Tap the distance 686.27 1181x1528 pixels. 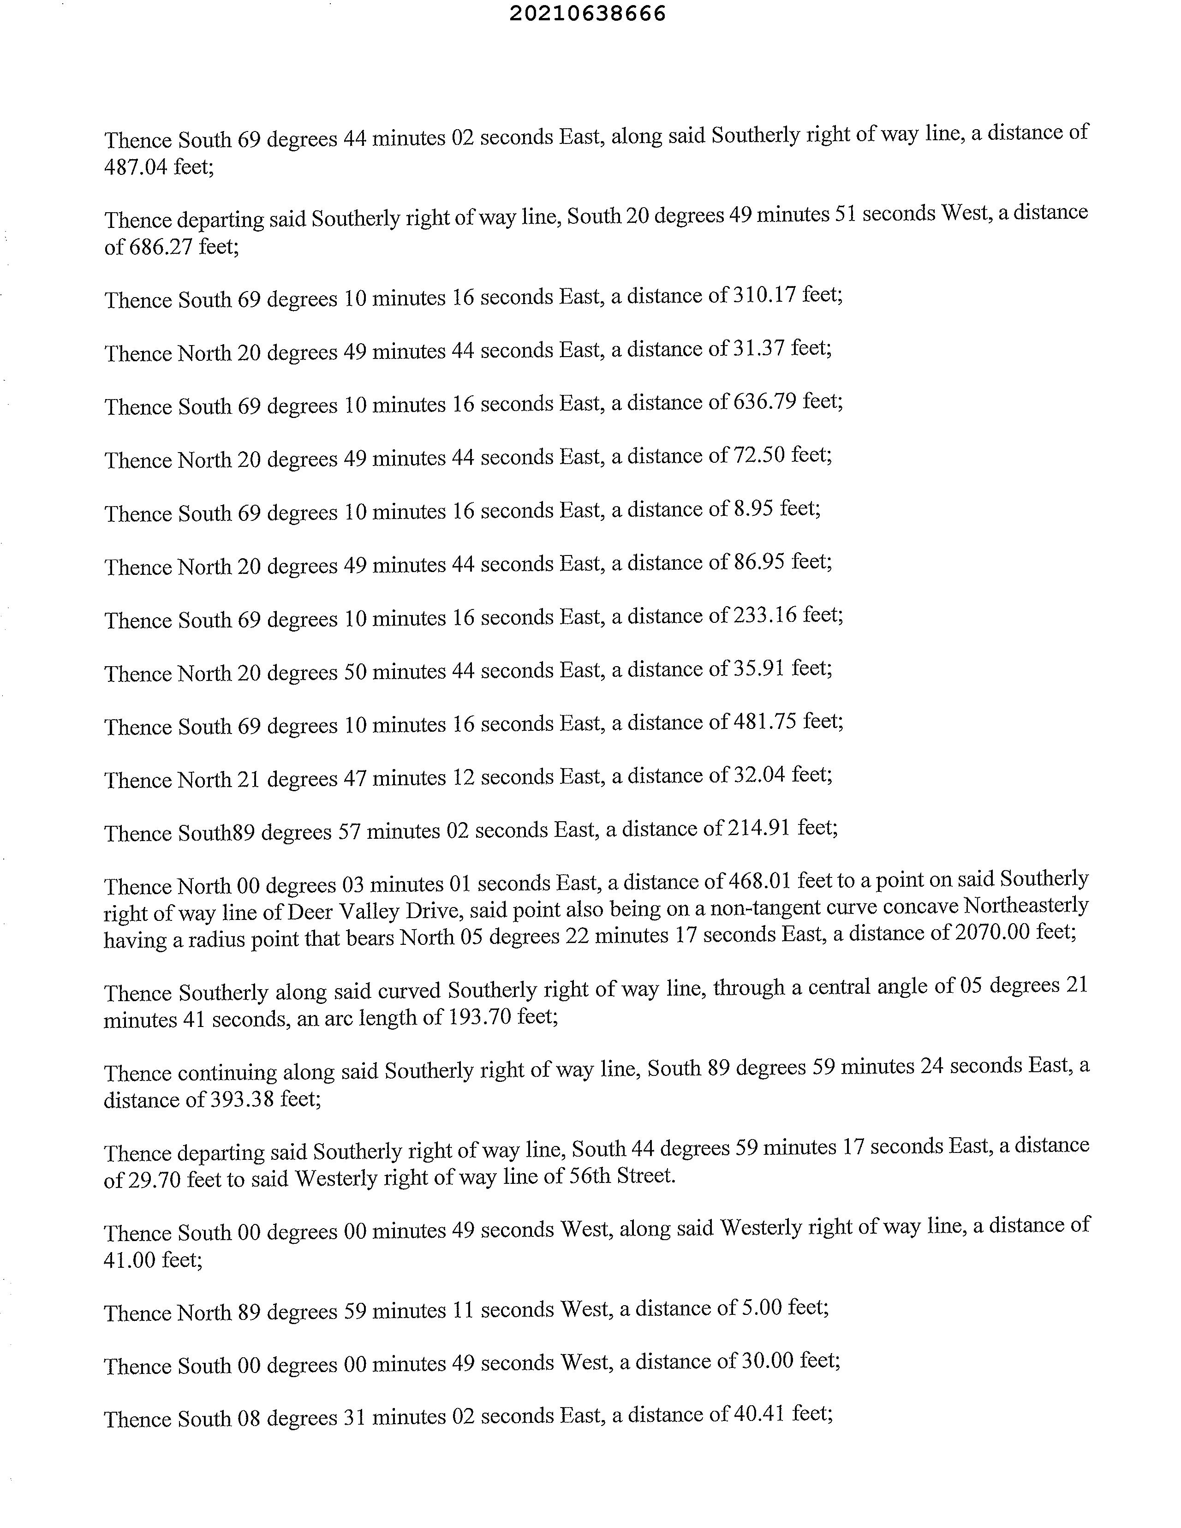161,247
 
